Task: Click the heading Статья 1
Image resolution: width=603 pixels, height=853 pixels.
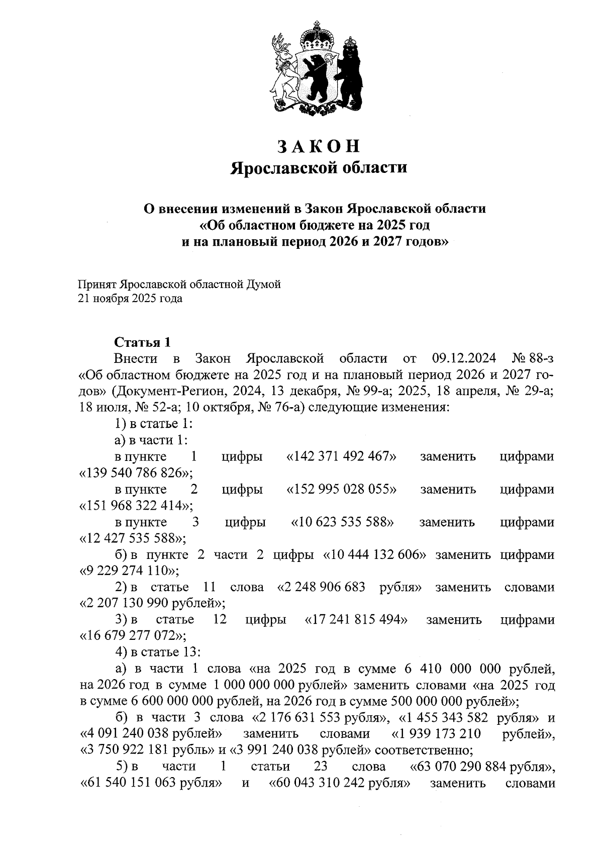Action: [x=142, y=343]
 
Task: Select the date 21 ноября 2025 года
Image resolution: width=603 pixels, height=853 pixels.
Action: [x=130, y=299]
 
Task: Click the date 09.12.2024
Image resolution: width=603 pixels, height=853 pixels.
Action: [x=463, y=359]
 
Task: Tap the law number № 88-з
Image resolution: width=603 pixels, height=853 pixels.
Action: [x=533, y=359]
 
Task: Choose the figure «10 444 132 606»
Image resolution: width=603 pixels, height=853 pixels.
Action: [x=376, y=555]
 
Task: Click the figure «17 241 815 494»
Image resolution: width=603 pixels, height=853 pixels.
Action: [x=356, y=620]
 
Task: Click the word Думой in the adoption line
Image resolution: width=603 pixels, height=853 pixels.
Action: [x=263, y=285]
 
